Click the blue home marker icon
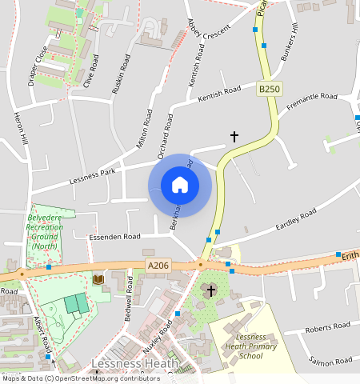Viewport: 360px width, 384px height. click(180, 185)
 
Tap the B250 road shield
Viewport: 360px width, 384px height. click(270, 90)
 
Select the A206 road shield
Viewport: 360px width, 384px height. click(158, 265)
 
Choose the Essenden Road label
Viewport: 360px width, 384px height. click(114, 237)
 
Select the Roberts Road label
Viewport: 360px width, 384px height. click(329, 326)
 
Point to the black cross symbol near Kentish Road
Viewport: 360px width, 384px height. click(234, 137)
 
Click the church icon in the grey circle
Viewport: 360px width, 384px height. click(211, 290)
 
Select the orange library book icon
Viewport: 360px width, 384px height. click(98, 279)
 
